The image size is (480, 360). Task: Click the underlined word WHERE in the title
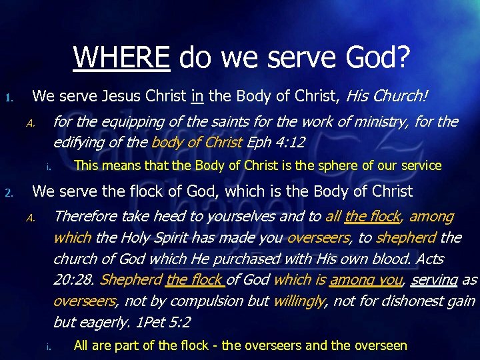point(121,57)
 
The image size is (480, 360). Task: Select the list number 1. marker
point(9,98)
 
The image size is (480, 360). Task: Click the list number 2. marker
point(9,194)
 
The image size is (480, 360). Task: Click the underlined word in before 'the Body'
point(197,97)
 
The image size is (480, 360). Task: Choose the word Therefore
point(86,216)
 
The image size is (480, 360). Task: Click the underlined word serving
point(435,280)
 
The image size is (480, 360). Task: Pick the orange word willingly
point(299,301)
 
